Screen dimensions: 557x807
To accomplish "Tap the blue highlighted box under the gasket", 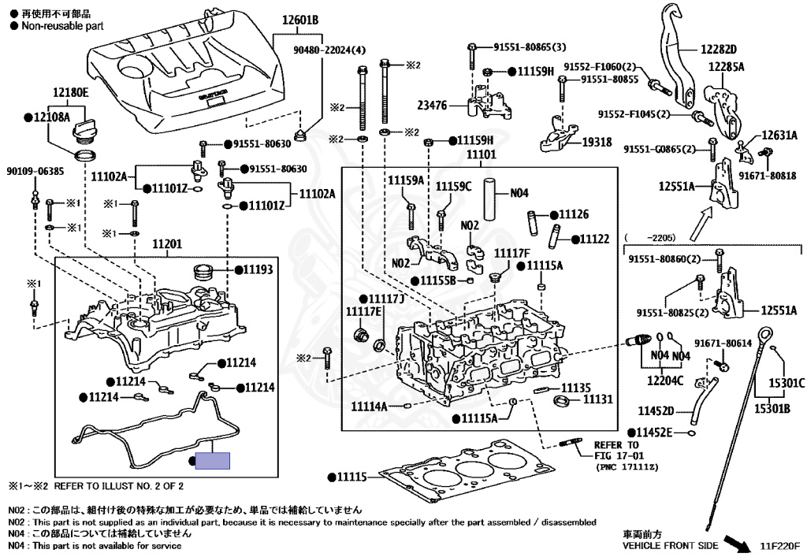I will tap(213, 461).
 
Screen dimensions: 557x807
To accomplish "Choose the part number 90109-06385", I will tap(35, 170).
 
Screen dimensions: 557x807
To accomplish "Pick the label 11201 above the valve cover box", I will tap(166, 245).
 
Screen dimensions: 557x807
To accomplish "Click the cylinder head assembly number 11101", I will tap(481, 155).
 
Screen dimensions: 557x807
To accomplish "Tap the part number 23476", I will tap(432, 104).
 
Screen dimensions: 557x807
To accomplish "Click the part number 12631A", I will tap(779, 135).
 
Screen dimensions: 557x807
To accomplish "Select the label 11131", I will tap(598, 400).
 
